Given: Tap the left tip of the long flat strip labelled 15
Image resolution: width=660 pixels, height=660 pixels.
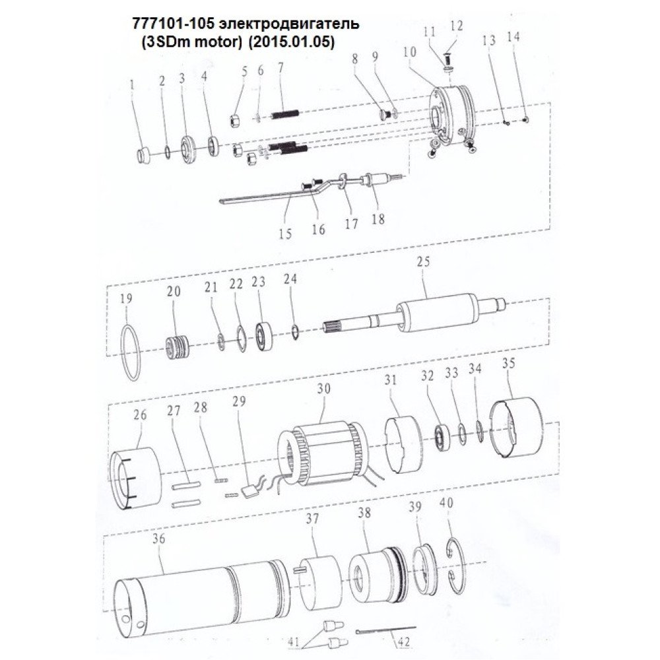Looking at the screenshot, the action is click(x=220, y=201).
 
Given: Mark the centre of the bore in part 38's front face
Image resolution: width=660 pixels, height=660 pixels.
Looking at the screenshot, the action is click(x=361, y=578).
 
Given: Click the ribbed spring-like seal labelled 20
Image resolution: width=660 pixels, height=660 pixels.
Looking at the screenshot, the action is click(x=176, y=346).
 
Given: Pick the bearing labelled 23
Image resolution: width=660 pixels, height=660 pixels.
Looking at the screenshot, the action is click(x=265, y=337).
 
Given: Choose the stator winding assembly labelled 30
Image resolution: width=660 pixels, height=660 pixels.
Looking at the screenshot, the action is click(x=323, y=455).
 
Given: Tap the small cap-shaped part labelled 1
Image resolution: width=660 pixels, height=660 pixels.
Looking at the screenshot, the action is click(x=145, y=154).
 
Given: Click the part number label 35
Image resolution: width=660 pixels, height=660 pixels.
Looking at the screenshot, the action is click(x=509, y=363).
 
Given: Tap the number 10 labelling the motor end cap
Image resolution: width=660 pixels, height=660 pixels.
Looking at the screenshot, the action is click(x=409, y=52).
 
